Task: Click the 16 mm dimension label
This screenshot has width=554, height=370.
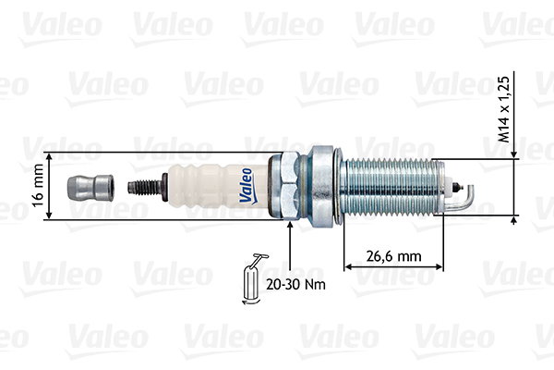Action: tap(38, 185)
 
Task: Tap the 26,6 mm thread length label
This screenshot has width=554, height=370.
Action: tap(393, 256)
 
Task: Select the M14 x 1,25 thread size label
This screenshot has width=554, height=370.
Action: tap(504, 109)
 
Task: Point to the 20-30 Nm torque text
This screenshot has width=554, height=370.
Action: tap(295, 284)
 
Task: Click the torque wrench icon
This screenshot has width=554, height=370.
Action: tap(254, 279)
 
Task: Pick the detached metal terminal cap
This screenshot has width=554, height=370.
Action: tap(90, 188)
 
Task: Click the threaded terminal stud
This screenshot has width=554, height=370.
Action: tap(148, 187)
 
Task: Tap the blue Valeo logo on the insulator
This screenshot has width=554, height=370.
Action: tap(247, 186)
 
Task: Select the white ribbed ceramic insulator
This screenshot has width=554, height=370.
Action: tap(218, 186)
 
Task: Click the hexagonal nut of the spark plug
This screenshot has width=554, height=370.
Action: tap(291, 186)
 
